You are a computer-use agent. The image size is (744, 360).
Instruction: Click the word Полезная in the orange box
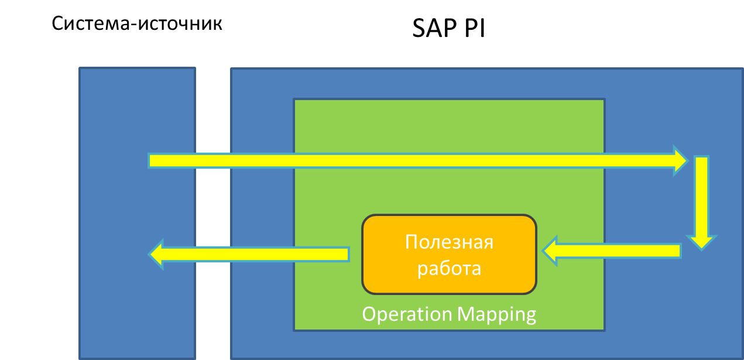click(x=449, y=242)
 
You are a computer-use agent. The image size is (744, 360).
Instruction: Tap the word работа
click(x=449, y=268)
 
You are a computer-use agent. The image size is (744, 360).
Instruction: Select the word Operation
click(x=407, y=314)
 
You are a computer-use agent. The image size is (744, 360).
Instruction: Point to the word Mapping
click(x=496, y=314)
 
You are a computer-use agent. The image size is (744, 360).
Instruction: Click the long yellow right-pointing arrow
click(x=410, y=160)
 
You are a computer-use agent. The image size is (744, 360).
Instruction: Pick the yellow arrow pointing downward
click(x=701, y=199)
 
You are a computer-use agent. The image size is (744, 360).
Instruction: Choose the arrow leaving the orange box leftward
click(x=252, y=254)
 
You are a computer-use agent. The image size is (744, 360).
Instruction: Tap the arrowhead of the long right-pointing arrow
click(x=681, y=160)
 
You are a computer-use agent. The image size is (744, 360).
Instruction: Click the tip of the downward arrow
click(x=701, y=248)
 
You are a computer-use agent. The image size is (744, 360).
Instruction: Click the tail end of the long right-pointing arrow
click(x=151, y=160)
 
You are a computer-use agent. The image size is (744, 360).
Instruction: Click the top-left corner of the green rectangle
click(x=294, y=100)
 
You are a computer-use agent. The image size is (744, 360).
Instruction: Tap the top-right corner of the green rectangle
click(x=604, y=100)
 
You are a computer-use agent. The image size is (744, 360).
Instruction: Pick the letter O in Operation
click(x=369, y=314)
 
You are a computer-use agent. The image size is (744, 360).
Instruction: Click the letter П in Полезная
click(x=411, y=242)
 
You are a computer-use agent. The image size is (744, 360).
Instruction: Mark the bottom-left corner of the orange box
click(x=364, y=292)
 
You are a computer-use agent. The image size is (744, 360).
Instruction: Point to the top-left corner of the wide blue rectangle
click(x=232, y=69)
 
